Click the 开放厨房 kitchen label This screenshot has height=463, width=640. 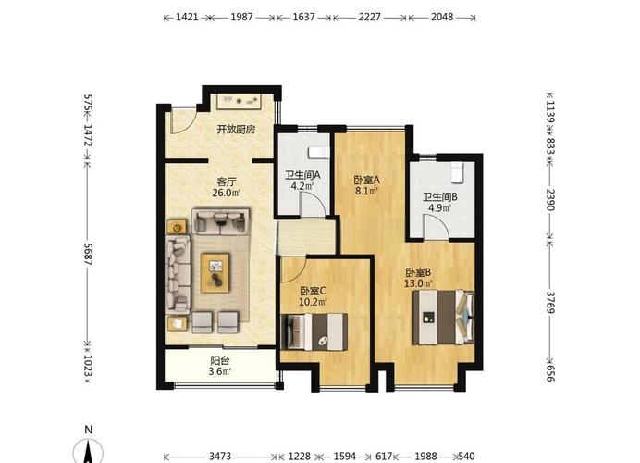[x=236, y=130]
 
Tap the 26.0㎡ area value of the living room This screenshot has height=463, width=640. [x=226, y=193]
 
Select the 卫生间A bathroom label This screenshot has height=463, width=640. [x=302, y=175]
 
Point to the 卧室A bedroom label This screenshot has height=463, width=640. [x=367, y=180]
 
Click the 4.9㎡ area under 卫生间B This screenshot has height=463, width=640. [x=439, y=207]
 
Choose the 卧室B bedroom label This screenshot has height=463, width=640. [x=418, y=272]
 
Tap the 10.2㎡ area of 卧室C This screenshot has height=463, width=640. [x=313, y=302]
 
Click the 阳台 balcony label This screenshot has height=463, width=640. [x=220, y=361]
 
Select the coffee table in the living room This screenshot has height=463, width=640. [x=215, y=272]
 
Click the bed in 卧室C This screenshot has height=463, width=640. [x=314, y=332]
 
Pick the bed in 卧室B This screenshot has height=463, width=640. [x=443, y=318]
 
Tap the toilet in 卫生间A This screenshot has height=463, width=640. [x=318, y=153]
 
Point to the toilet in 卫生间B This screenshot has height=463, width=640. [x=458, y=172]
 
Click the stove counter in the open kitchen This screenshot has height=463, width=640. [x=239, y=101]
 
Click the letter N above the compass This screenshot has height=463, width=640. [x=88, y=430]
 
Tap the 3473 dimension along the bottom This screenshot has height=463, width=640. [x=220, y=456]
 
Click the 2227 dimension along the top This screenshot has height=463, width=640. [x=369, y=17]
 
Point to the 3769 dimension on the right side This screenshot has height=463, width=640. [x=550, y=302]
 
